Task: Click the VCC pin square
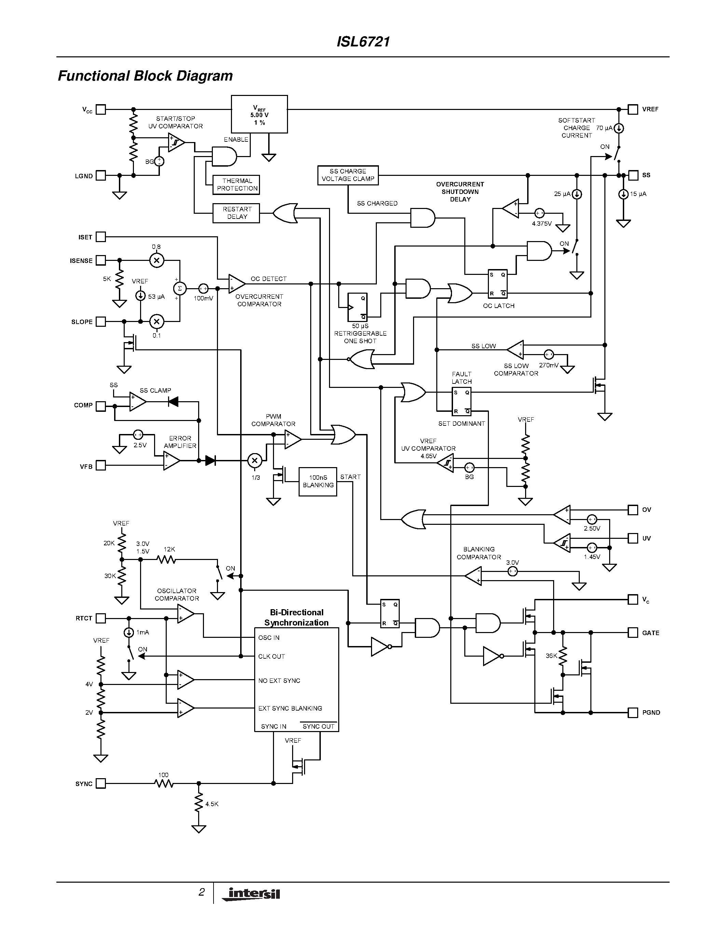101,110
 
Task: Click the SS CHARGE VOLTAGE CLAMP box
348,175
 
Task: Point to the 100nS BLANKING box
318,481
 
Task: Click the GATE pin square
633,632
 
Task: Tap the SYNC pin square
101,784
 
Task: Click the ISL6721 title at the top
363,42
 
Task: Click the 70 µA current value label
604,128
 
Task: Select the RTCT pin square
101,618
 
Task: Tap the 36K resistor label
551,656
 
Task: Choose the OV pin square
633,510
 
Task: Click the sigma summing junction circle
180,289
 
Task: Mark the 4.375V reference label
542,224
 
